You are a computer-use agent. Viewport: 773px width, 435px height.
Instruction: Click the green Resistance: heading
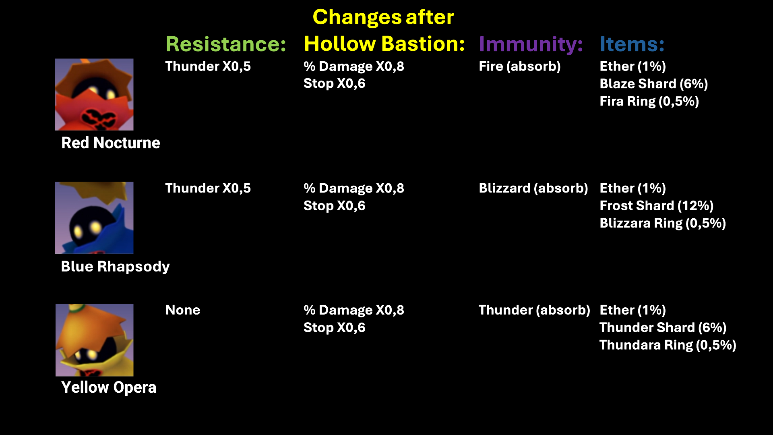(226, 44)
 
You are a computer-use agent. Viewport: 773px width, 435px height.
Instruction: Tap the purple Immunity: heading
(531, 45)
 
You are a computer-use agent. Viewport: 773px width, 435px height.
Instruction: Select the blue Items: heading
(632, 44)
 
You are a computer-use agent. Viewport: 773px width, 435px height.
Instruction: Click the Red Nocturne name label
(111, 143)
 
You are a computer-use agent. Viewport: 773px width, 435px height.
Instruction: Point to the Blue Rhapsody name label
(115, 267)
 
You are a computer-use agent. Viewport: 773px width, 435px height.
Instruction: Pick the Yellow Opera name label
(109, 387)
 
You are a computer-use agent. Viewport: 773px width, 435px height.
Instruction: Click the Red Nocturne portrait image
(94, 95)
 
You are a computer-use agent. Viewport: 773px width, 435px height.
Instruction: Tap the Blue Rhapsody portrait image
(94, 217)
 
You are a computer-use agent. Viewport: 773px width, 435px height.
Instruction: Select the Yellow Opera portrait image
(95, 340)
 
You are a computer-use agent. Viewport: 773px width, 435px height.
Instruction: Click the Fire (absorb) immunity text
(520, 66)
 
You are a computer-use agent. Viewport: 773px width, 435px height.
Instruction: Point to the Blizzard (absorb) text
(533, 188)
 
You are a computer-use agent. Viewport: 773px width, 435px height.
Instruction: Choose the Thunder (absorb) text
(534, 310)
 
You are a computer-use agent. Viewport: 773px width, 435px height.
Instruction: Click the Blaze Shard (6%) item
(654, 84)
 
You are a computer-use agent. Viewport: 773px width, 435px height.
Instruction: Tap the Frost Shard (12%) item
(657, 206)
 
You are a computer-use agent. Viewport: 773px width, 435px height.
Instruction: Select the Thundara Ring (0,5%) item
(668, 345)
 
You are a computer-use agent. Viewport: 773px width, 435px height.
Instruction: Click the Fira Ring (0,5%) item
(649, 101)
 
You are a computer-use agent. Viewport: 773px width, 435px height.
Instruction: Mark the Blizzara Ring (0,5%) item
(663, 224)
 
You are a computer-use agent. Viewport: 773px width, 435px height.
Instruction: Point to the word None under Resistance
(183, 310)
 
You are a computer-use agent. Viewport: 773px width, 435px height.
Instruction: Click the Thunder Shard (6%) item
(663, 327)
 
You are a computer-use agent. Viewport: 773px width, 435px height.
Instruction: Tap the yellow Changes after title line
(383, 17)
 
